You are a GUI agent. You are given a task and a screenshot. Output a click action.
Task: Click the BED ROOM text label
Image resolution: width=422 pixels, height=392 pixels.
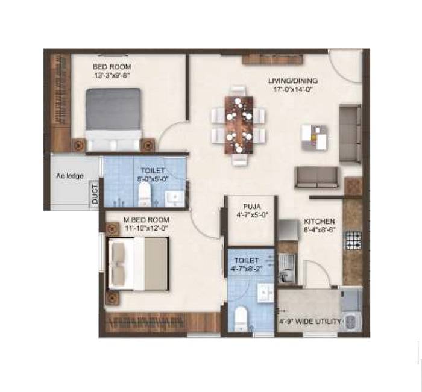pyautogui.click(x=112, y=66)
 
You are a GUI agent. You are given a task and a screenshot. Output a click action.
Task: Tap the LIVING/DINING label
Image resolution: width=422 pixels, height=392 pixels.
pyautogui.click(x=293, y=81)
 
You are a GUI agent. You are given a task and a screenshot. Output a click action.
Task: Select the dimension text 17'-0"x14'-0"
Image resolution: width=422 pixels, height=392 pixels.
pyautogui.click(x=293, y=89)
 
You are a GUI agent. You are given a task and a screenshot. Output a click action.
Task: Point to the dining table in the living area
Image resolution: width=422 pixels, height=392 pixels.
pyautogui.click(x=239, y=125)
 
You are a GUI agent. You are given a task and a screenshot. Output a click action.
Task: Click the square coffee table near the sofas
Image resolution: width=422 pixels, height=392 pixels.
pyautogui.click(x=315, y=138)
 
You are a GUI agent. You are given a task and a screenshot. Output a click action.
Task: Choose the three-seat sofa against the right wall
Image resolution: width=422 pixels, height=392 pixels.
pyautogui.click(x=349, y=133)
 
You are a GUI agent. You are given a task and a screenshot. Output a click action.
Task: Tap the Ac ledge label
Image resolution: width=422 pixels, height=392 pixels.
pyautogui.click(x=70, y=176)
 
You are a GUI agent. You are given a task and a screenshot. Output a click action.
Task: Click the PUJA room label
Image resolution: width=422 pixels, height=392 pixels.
pyautogui.click(x=252, y=205)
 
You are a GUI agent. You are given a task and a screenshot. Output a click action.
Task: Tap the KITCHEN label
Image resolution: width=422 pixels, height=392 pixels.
pyautogui.click(x=319, y=222)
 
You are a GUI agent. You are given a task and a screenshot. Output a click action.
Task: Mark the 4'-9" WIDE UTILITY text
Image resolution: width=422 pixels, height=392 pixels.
pyautogui.click(x=309, y=321)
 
